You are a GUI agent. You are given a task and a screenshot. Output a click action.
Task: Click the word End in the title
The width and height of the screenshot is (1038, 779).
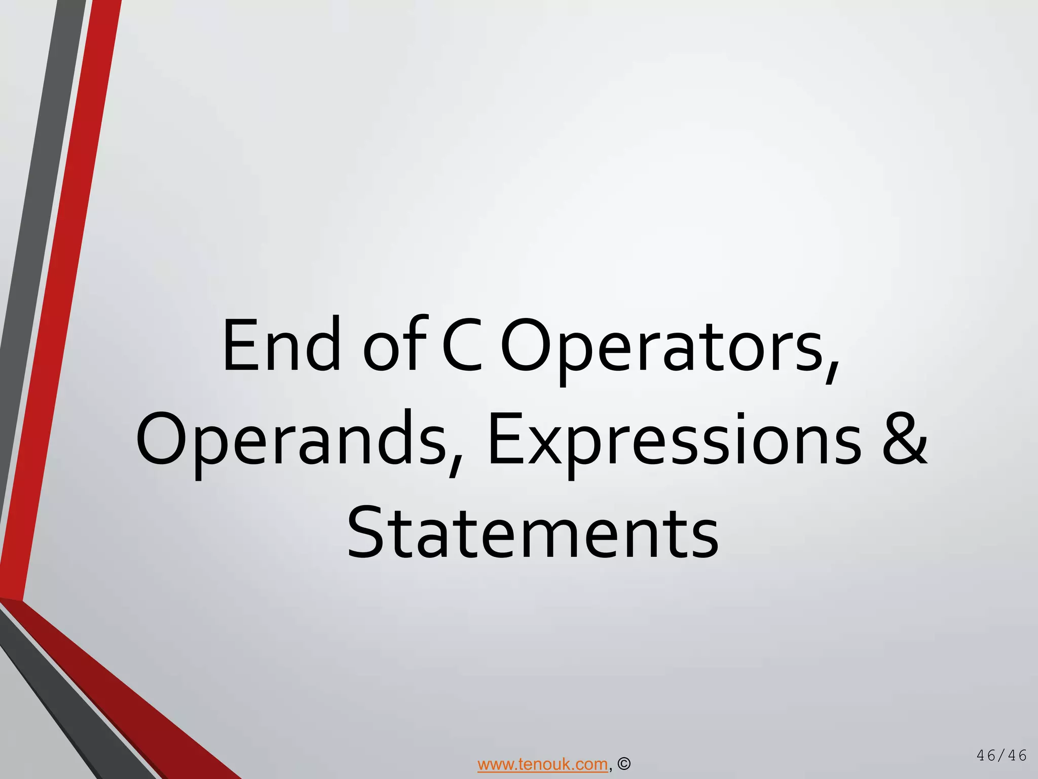coord(281,345)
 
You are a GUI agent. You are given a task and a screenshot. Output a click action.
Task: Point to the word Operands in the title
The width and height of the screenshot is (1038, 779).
coord(291,439)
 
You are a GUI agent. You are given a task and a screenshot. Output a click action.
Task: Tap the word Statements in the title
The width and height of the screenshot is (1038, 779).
coord(532,533)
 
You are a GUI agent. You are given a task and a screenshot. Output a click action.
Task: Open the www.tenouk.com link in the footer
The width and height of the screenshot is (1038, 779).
coord(542,764)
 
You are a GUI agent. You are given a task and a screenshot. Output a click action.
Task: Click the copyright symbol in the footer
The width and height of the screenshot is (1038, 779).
coord(624,764)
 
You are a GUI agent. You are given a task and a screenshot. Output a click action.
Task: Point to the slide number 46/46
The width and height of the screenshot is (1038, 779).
coord(1002,755)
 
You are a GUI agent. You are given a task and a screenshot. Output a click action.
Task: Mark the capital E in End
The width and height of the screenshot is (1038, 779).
coord(240,345)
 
